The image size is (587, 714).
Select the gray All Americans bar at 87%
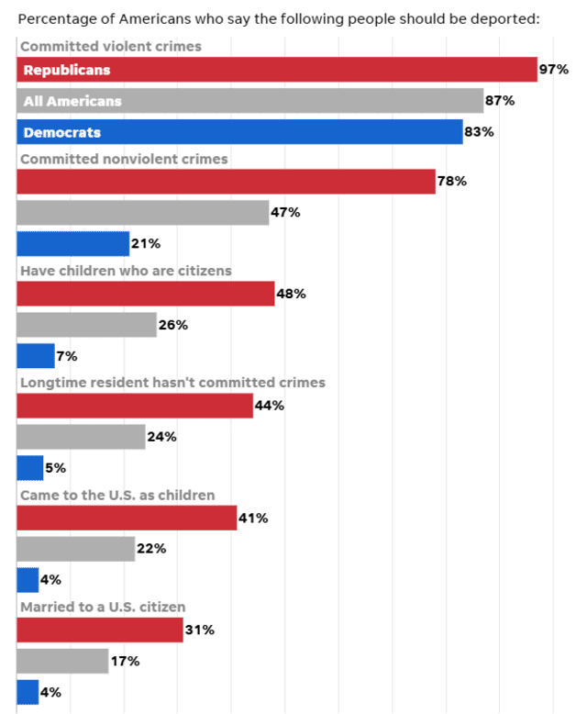250,101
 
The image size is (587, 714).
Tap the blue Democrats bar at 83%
239,132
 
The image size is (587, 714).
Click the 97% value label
554,70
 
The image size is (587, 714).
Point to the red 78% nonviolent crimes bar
226,182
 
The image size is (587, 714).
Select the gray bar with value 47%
143,213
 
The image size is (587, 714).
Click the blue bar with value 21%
73,244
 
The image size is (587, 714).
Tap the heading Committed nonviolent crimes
124,159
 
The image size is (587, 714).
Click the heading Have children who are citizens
126,271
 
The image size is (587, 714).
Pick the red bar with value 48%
146,294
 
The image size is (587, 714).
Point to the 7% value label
67,356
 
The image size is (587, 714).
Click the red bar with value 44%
135,406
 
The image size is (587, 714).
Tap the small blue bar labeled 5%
30,468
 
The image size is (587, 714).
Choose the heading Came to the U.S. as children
117,495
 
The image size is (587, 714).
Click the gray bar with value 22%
76,549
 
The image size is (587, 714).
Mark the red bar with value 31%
100,630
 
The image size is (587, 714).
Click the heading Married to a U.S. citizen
103,607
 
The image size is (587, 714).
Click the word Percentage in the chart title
52,18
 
